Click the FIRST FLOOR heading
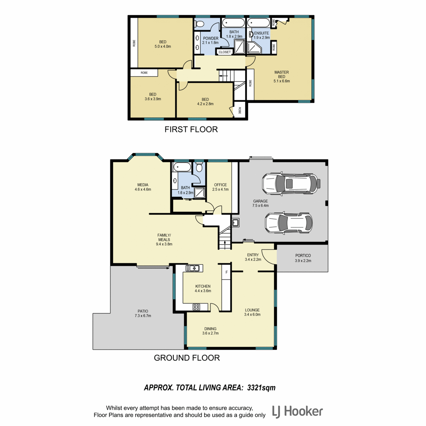[191, 129]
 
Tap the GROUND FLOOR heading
[187, 358]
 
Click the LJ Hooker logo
[297, 412]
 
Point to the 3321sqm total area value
[261, 387]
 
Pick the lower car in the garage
[289, 223]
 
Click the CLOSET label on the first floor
[225, 52]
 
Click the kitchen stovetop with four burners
[196, 307]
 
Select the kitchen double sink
[192, 268]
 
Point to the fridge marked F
[226, 272]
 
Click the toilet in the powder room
[201, 23]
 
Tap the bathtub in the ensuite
[258, 23]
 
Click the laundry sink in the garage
[235, 222]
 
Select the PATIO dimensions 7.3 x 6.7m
[143, 316]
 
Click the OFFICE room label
[220, 185]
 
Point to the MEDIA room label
[143, 185]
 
